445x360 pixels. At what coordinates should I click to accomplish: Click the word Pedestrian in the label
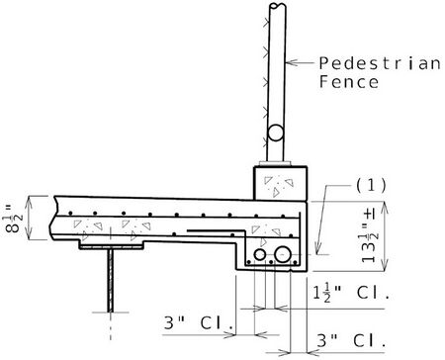(380, 63)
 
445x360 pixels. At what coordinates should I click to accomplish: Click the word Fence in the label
(349, 82)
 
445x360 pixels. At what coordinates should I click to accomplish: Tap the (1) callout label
(371, 185)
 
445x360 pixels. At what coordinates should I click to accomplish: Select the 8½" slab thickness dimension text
(15, 219)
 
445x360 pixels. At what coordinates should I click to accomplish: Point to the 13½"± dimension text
(370, 236)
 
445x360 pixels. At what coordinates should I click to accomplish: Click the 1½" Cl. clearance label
(351, 292)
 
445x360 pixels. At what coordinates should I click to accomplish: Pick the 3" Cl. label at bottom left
(199, 323)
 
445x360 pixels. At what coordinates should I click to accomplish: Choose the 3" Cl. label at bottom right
(351, 340)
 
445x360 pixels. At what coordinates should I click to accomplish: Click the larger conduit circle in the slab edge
(283, 255)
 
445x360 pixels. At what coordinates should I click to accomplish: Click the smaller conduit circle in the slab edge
(260, 255)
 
